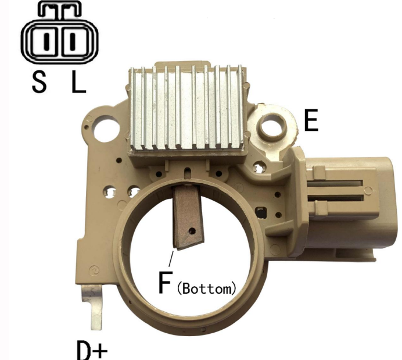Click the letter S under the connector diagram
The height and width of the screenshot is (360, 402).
click(40, 81)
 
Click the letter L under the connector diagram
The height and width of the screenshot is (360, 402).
click(78, 81)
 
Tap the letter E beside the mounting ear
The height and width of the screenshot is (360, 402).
click(311, 120)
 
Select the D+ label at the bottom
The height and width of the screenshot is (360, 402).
click(92, 350)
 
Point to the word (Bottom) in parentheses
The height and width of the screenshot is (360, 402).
click(206, 288)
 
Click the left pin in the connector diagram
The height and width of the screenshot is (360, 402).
click(46, 42)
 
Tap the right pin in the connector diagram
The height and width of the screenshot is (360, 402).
click(73, 42)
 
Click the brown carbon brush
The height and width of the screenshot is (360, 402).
click(188, 218)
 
